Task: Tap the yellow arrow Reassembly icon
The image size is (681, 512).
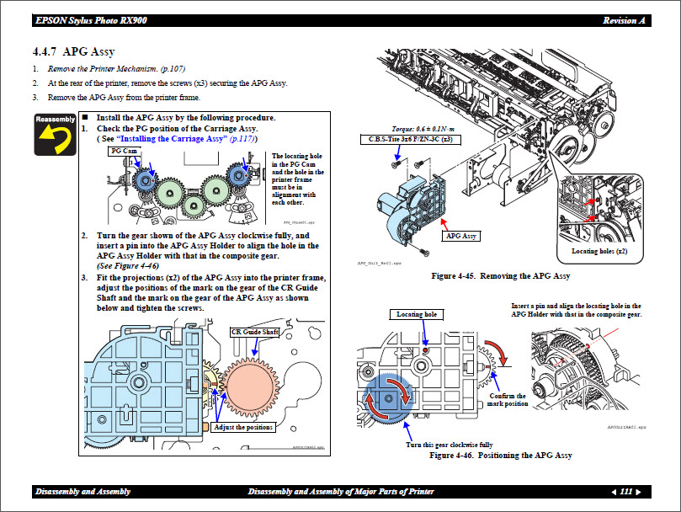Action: coord(55,135)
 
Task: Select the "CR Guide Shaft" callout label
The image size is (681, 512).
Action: coord(254,332)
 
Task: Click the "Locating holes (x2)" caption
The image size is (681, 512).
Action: coord(598,251)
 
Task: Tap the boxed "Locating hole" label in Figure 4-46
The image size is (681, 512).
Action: coord(417,315)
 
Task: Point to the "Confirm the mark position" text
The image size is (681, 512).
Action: coord(507,399)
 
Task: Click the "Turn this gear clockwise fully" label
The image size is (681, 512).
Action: coord(449,444)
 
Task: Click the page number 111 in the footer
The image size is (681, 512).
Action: coord(625,492)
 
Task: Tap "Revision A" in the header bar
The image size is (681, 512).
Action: coord(625,20)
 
